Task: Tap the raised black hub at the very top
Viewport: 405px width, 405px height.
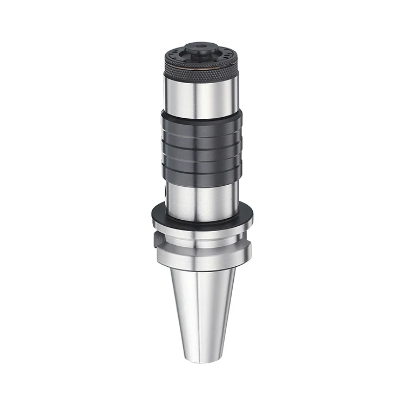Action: [201, 50]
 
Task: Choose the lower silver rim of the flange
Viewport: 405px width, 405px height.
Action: [201, 261]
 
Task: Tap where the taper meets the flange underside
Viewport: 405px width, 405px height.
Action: [201, 269]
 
